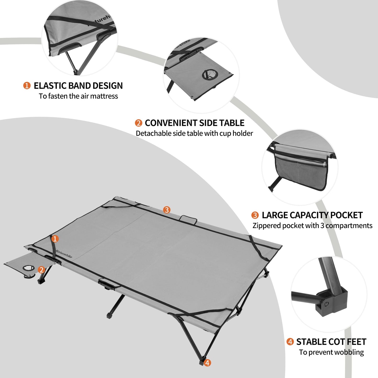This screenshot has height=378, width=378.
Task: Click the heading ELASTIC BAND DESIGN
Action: [x=78, y=86]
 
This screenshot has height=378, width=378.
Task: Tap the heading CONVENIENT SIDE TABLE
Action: [x=194, y=123]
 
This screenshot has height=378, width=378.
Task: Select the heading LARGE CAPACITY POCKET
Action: [x=312, y=215]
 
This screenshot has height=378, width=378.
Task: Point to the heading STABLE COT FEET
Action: [x=331, y=342]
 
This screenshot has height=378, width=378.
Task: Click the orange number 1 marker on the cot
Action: [x=55, y=239]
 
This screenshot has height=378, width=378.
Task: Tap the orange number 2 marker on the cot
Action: [x=41, y=270]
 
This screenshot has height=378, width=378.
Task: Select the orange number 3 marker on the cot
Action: [x=167, y=210]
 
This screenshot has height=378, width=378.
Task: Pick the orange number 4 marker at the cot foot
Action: [x=207, y=363]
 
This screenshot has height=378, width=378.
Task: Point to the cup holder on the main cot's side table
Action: [x=28, y=268]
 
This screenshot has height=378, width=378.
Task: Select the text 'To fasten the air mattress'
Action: [x=78, y=96]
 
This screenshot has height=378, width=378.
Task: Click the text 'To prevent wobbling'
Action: [x=331, y=352]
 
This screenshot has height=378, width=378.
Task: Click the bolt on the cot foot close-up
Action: [x=326, y=304]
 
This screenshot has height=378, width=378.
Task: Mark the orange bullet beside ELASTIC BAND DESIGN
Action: [x=27, y=86]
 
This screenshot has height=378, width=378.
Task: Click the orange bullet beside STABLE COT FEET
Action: [x=290, y=342]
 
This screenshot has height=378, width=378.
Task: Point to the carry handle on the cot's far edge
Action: [x=188, y=219]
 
